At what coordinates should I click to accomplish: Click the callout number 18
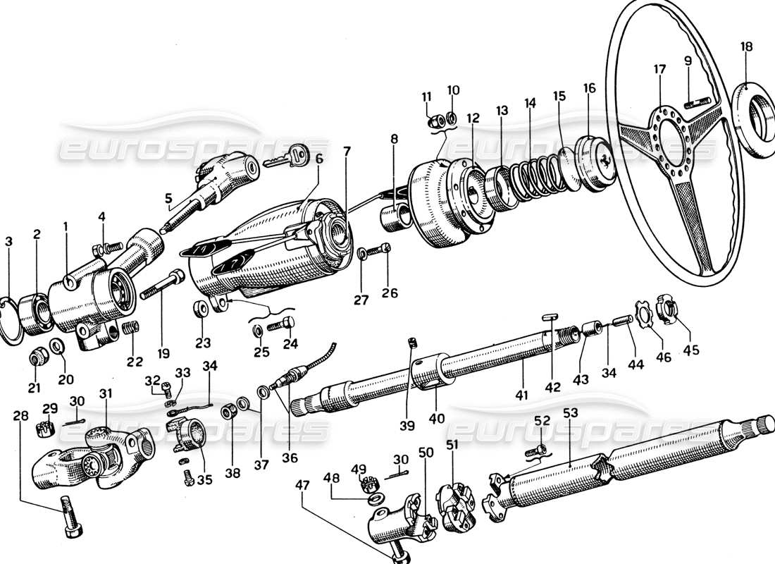[x=746, y=47]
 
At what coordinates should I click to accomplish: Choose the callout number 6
[x=319, y=160]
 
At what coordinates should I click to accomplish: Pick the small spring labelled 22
[x=130, y=328]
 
